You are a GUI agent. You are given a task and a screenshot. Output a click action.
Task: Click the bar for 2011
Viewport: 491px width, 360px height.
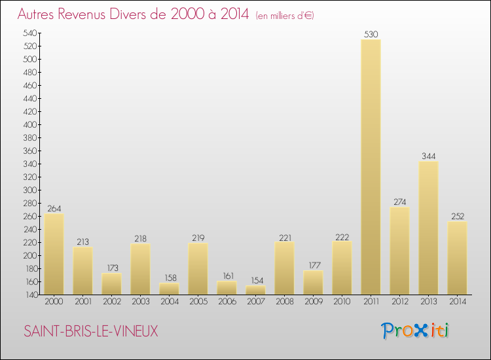coord(371,167)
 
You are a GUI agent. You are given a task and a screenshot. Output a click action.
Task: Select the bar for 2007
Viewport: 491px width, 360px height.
coord(255,290)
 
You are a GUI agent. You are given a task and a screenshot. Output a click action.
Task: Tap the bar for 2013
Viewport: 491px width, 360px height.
coord(428,228)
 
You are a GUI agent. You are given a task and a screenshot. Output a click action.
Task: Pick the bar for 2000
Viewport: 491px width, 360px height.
coord(54,254)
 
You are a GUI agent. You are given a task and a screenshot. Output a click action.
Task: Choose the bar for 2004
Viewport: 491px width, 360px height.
coord(169,289)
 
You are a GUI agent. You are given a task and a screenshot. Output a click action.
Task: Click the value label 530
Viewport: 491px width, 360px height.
coord(371,34)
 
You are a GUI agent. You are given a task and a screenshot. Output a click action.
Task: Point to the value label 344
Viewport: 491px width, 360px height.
coord(428,156)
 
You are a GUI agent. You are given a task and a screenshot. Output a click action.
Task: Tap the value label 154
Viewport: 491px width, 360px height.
coord(255,280)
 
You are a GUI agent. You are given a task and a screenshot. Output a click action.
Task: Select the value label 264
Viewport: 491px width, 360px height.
coord(54,208)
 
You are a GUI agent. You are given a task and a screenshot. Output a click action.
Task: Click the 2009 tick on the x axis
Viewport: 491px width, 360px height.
coord(313,302)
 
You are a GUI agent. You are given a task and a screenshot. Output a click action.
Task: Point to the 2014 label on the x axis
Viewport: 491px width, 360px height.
coord(457,302)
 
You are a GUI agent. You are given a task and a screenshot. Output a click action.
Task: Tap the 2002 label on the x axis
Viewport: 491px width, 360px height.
coord(111,302)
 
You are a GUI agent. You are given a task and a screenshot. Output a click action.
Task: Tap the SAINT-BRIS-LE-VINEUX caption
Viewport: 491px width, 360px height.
coord(91,331)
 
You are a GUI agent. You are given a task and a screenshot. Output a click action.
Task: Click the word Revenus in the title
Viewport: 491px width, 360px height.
coord(88,14)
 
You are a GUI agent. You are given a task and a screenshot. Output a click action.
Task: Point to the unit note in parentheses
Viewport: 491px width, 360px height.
coord(285,16)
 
